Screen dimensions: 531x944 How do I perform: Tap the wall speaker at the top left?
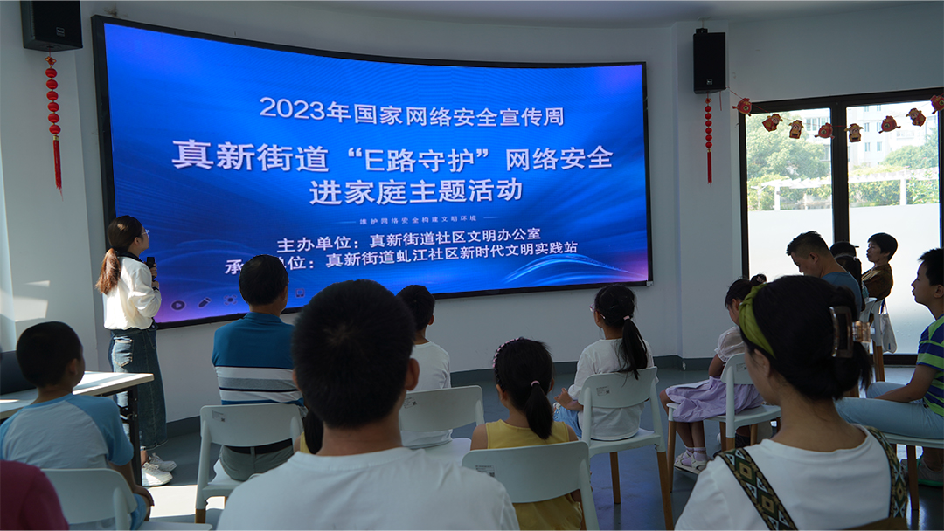(52, 25)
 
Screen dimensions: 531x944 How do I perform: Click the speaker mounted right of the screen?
(709, 61)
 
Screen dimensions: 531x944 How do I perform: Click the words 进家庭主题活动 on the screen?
(415, 190)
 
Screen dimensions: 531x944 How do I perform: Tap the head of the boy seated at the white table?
(49, 353)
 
